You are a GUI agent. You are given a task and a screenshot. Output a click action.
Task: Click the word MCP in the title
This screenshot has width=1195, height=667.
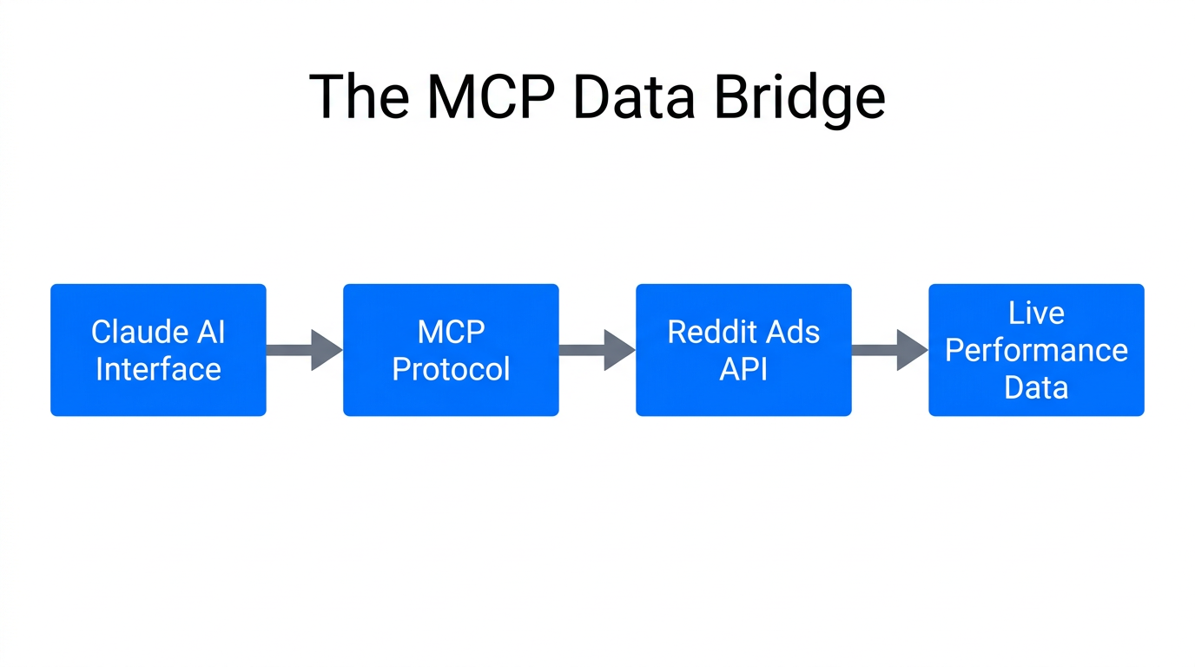[x=491, y=96]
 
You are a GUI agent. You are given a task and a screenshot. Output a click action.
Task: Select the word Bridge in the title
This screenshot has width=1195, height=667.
[x=800, y=98]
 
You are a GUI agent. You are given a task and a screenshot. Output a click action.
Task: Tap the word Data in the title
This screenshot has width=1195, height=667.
[x=634, y=96]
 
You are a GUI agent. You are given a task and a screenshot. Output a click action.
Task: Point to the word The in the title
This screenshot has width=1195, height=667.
[x=360, y=96]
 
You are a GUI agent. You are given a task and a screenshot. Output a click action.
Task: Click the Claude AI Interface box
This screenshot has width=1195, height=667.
[x=158, y=350]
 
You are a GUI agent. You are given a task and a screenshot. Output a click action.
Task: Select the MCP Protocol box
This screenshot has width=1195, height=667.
[x=451, y=350]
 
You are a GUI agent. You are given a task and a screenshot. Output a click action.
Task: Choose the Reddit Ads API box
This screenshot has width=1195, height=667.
[x=743, y=350]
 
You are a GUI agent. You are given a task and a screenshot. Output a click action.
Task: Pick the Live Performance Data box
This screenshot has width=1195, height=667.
[x=1036, y=350]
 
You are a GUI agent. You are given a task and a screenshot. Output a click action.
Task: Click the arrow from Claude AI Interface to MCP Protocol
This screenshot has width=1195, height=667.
[x=304, y=350]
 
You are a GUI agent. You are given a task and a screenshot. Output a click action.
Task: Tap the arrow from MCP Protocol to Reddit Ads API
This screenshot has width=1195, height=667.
[x=597, y=350]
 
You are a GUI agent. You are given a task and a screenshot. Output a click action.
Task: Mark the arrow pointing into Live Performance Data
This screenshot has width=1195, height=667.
[x=889, y=350]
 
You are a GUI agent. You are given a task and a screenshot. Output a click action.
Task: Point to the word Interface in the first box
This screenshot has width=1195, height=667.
[x=158, y=369]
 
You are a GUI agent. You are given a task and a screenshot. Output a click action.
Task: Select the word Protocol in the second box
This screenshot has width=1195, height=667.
[x=451, y=369]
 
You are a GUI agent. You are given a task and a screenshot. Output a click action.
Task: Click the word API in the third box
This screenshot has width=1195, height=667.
[x=743, y=369]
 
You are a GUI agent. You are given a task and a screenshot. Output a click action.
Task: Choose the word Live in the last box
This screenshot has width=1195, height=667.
[x=1036, y=313]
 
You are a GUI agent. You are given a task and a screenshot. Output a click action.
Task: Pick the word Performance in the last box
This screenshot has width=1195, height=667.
[x=1036, y=350]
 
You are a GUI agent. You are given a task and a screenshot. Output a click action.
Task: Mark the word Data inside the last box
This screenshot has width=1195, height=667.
[x=1036, y=387]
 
